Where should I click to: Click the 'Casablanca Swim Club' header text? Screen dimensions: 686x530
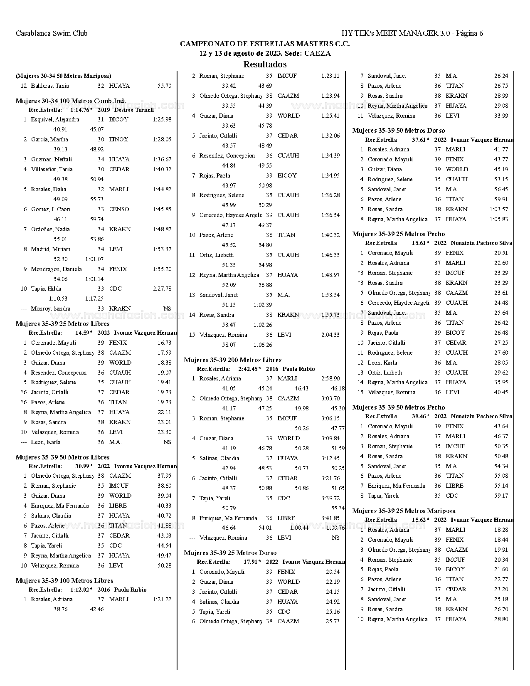52,33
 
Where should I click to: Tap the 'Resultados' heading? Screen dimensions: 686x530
265,64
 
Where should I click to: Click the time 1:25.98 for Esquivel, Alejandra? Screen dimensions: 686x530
162,119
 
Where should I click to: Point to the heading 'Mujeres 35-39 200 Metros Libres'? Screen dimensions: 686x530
233,360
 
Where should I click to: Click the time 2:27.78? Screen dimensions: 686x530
162,289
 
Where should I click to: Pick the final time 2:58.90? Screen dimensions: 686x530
330,378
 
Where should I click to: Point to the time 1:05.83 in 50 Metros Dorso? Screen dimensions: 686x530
499,219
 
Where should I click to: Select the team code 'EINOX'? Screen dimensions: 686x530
118,139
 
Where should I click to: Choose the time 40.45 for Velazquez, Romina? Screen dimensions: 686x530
501,392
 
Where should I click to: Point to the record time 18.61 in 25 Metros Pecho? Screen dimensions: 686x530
419,243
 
